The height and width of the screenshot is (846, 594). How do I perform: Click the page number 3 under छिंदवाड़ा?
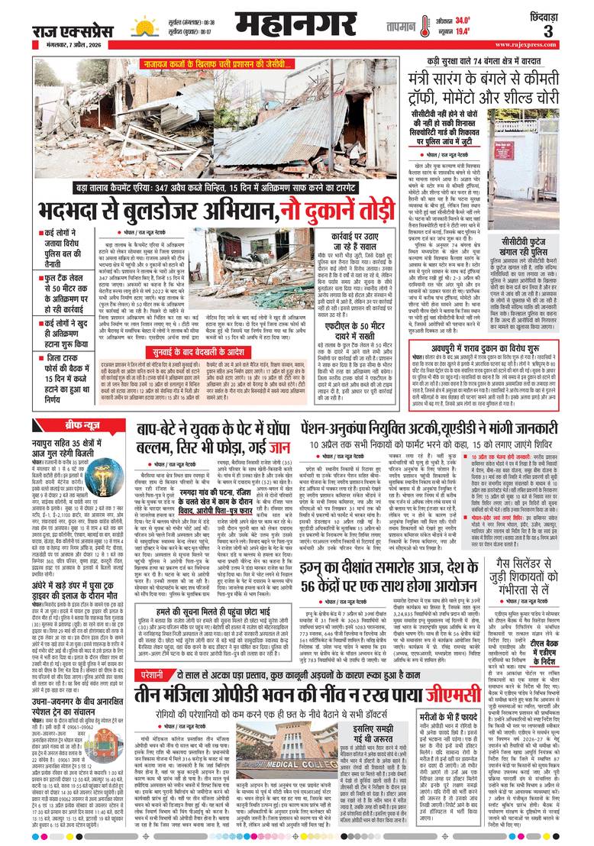tap(569, 31)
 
